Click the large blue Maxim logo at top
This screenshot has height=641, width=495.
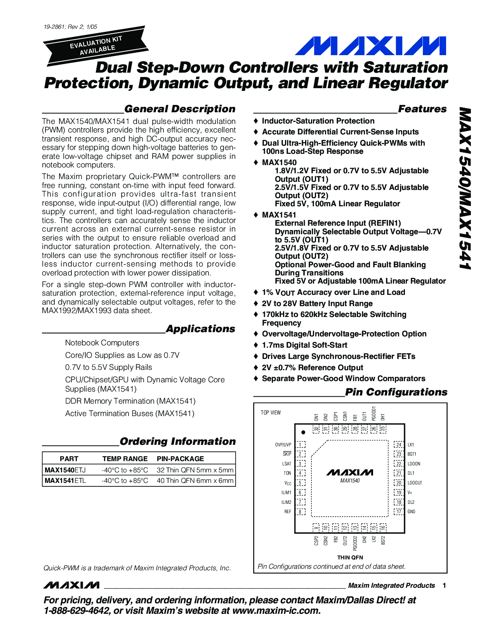click(370, 46)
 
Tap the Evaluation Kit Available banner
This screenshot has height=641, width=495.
click(96, 45)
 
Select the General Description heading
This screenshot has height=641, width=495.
click(180, 109)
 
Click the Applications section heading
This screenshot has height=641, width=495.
click(200, 329)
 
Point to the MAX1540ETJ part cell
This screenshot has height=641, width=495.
click(65, 470)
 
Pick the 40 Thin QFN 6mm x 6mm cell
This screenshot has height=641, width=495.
click(195, 481)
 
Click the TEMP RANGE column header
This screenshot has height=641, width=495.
click(125, 458)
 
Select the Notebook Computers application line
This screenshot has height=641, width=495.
click(102, 343)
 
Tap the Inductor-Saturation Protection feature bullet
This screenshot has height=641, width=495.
click(318, 121)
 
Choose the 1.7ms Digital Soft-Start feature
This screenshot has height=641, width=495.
click(304, 345)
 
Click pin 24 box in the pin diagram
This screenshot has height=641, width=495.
click(399, 445)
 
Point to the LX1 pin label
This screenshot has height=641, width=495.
click(411, 445)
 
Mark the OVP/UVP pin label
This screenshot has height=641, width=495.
click(283, 445)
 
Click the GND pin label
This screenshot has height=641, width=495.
click(412, 512)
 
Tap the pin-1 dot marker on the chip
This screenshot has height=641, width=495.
click(303, 432)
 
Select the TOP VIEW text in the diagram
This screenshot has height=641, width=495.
click(271, 413)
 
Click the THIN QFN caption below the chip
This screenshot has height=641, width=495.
click(350, 557)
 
